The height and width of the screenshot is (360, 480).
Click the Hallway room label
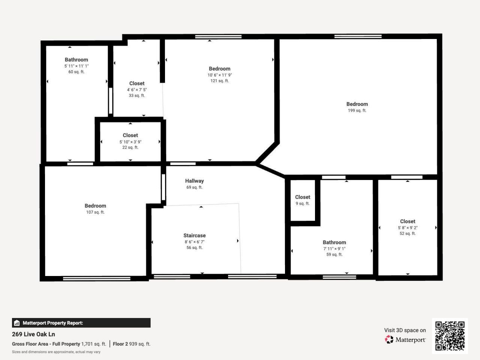[x=194, y=181]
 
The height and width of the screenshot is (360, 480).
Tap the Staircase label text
[x=194, y=235]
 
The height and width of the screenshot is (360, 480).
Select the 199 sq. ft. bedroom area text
[x=357, y=111]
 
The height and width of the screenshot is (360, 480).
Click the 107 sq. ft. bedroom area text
[x=95, y=212]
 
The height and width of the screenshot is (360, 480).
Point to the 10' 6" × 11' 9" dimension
[x=219, y=75]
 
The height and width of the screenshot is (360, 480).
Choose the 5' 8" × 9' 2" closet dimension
[x=407, y=228]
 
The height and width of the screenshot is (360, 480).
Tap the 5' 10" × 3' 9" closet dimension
[x=130, y=142]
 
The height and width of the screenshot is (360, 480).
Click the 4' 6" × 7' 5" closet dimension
[x=136, y=90]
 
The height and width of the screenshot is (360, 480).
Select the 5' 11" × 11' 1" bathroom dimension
[x=76, y=66]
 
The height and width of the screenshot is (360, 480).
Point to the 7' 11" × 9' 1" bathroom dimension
[x=334, y=249]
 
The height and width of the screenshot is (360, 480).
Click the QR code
[x=450, y=336]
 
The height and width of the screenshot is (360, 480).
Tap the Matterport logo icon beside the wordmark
[x=389, y=339]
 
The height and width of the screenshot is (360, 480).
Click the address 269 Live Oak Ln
[x=33, y=334]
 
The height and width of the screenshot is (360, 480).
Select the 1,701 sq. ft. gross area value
[x=93, y=344]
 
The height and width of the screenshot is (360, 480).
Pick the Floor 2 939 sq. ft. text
[x=132, y=344]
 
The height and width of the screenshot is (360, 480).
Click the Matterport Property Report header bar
[x=81, y=323]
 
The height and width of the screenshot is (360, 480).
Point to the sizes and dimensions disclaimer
[x=56, y=352]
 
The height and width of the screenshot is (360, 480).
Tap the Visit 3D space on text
[x=405, y=330]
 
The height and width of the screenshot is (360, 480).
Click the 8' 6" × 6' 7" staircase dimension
[x=194, y=242]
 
